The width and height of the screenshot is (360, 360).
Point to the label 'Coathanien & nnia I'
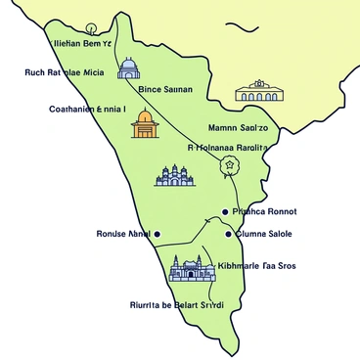[x=87, y=110]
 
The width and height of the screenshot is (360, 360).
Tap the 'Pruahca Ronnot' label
[x=266, y=211]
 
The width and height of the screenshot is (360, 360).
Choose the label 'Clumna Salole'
[x=266, y=235]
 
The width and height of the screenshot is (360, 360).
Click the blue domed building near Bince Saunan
[x=128, y=68]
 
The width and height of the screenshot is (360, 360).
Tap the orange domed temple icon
[x=144, y=124]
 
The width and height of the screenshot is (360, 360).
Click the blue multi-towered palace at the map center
[x=175, y=175]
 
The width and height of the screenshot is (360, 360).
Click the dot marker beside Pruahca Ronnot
[x=225, y=211]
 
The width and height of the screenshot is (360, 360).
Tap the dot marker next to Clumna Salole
[x=228, y=235]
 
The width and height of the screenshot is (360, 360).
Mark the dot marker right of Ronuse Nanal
[x=157, y=235]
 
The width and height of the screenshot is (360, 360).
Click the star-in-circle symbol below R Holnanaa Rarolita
[x=231, y=165]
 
